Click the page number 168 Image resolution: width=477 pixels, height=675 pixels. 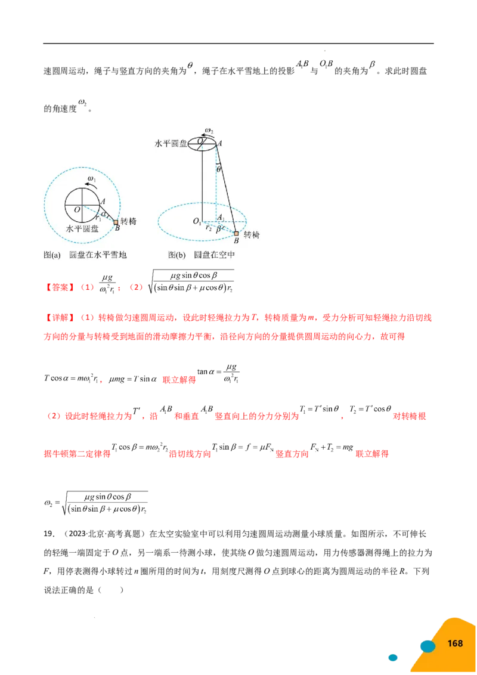point(455,643)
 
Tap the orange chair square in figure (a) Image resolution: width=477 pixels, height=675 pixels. point(116,222)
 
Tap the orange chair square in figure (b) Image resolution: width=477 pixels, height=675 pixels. point(236,234)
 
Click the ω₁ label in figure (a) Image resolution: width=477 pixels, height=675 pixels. point(91,178)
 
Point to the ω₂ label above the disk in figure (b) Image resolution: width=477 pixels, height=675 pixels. point(209,131)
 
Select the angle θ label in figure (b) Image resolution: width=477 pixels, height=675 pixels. point(219,169)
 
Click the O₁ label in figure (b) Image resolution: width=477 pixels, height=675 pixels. point(197,221)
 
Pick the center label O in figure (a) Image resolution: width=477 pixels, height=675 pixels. point(77,210)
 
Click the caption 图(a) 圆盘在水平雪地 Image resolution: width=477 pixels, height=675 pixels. point(85,255)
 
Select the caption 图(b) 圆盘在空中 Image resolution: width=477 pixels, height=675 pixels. point(202,255)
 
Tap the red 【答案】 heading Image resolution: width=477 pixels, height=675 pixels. point(60,287)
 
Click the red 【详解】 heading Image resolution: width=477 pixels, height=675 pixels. point(60,318)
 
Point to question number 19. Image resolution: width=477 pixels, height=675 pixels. point(49,534)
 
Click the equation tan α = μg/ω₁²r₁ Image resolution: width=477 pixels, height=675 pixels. point(218,373)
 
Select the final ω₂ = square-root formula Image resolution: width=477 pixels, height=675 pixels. point(96,503)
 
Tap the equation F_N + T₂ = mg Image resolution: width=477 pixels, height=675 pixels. point(332,447)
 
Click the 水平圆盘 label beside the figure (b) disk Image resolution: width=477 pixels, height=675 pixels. point(171,143)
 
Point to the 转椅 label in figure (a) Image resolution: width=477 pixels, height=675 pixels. point(128,221)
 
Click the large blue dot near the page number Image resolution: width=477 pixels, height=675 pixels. point(428,646)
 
